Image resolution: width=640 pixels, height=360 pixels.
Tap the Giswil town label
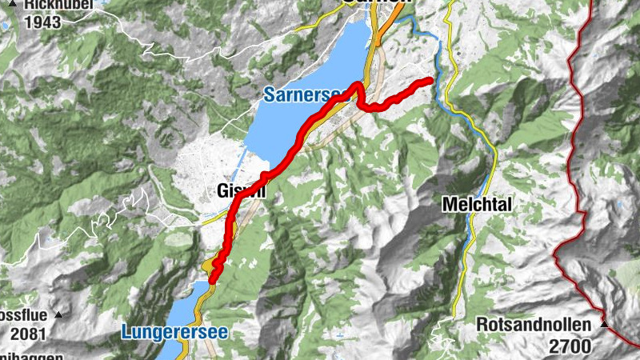click(x=238, y=191)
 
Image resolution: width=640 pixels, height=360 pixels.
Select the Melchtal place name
click(x=477, y=205)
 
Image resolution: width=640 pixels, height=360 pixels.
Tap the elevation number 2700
click(x=570, y=346)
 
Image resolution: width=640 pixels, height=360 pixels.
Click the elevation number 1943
click(x=42, y=22)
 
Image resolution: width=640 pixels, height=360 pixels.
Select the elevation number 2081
click(x=28, y=330)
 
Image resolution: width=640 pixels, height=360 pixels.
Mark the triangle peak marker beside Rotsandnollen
click(x=605, y=325)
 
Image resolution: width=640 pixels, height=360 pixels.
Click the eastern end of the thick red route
click(x=430, y=80)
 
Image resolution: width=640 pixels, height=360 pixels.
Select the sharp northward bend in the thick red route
click(x=356, y=86)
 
